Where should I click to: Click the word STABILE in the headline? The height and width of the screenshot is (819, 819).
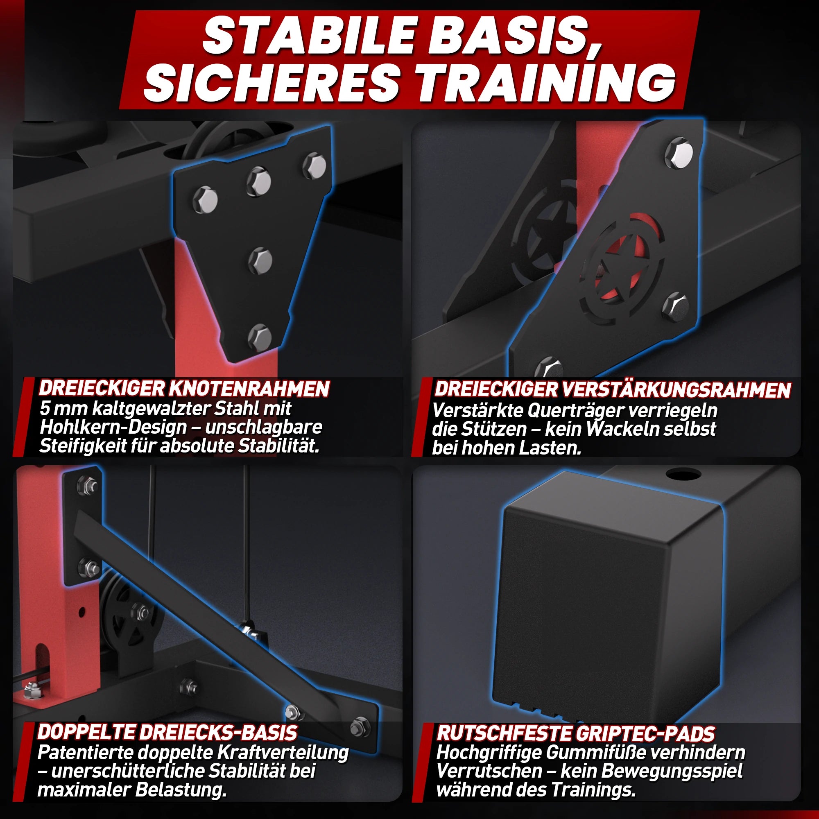click(x=308, y=36)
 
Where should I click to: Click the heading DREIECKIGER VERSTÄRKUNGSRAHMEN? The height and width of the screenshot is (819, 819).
click(x=613, y=389)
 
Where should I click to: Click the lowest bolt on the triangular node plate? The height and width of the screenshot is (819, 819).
click(x=260, y=337)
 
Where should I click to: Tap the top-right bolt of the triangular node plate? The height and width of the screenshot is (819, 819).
click(x=314, y=166)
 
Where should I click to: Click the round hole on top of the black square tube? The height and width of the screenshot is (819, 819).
click(x=683, y=474)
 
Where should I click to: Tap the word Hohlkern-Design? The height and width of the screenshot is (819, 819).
click(x=113, y=427)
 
